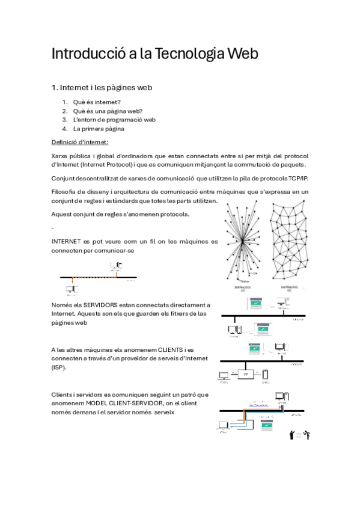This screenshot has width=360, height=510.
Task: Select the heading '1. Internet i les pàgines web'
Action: (102, 87)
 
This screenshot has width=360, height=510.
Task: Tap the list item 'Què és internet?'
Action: (97, 102)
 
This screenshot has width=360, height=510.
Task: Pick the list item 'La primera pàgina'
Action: (99, 128)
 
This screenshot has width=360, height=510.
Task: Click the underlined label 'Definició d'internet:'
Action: (80, 142)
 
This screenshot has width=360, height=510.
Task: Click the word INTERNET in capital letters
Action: (69, 241)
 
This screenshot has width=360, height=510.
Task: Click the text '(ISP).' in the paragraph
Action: (59, 367)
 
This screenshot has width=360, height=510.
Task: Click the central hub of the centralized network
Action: (242, 243)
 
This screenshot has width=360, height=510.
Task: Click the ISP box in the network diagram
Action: (245, 373)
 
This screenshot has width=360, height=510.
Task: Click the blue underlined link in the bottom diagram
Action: (258, 404)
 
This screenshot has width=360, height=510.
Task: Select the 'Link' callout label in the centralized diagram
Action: (255, 272)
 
